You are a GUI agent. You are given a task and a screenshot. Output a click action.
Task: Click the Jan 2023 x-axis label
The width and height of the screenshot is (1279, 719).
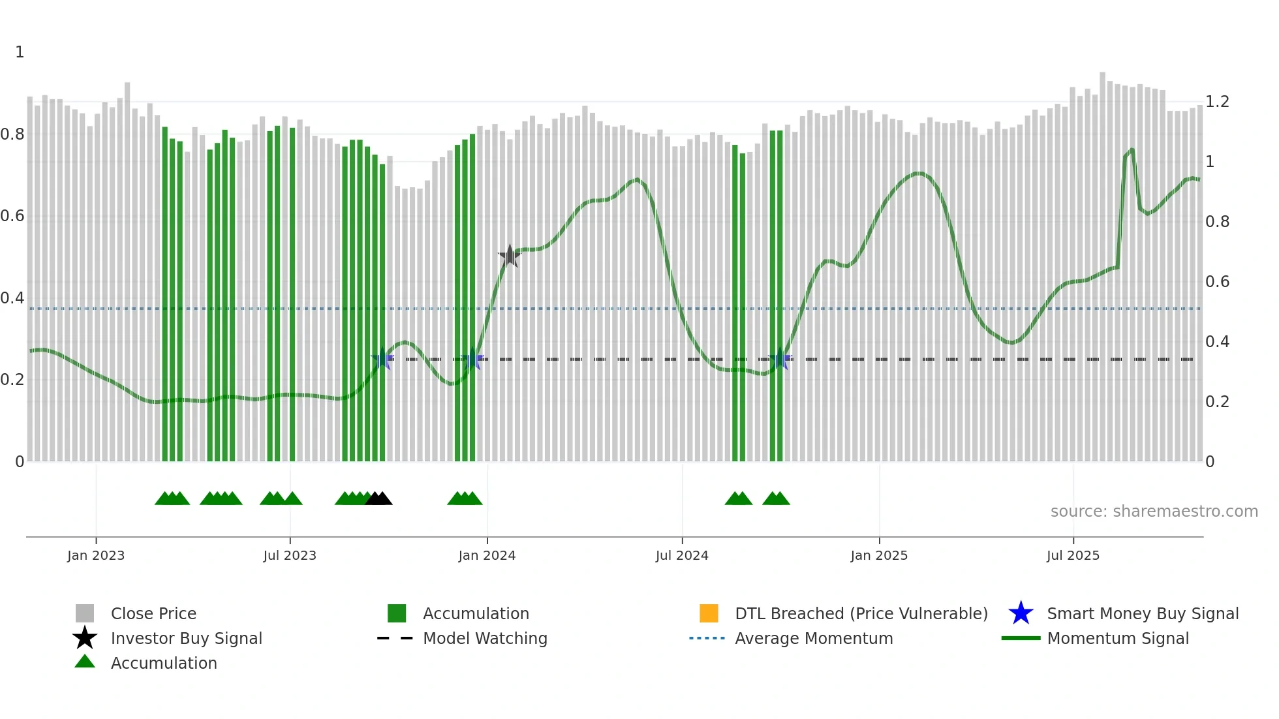tap(96, 555)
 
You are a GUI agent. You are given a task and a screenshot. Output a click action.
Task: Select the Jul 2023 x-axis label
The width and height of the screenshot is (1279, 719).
tap(290, 555)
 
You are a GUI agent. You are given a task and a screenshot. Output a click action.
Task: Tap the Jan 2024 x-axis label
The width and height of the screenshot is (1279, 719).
tap(487, 555)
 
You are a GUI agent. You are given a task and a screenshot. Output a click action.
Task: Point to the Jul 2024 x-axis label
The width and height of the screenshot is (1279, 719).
tap(682, 555)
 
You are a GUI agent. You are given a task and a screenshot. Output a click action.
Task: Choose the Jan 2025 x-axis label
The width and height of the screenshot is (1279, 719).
tap(879, 555)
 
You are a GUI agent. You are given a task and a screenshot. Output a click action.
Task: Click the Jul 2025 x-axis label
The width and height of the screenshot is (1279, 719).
tap(1073, 555)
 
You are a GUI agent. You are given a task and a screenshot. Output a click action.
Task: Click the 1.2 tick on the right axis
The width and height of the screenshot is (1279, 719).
tap(1217, 102)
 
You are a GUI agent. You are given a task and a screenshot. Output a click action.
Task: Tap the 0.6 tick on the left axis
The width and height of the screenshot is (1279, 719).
tap(12, 216)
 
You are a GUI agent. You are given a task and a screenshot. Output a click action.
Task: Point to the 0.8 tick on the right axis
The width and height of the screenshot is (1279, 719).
tap(1217, 222)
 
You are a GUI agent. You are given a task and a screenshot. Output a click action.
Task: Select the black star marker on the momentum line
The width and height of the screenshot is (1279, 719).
tap(510, 256)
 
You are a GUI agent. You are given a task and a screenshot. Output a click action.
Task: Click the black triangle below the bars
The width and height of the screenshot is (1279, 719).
tap(378, 498)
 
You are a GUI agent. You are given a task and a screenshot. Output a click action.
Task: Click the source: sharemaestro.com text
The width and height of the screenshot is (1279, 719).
tap(1154, 512)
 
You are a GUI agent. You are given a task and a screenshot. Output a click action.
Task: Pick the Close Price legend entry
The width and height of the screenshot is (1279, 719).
tap(153, 613)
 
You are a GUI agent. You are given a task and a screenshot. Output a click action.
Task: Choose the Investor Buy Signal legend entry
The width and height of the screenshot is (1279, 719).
tap(186, 638)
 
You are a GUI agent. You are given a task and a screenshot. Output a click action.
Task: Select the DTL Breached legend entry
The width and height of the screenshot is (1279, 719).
tap(861, 613)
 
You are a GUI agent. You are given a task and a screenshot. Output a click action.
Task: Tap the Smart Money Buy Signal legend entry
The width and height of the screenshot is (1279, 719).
tap(1143, 613)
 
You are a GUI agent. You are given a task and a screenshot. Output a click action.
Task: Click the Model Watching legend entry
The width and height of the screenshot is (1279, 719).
tap(485, 638)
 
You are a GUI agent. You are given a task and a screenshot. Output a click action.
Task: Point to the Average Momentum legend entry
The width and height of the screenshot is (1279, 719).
tap(814, 638)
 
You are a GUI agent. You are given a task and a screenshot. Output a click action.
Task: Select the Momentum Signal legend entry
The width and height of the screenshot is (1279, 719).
tap(1118, 638)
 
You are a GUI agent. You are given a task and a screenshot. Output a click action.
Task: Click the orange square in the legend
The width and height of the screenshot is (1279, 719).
tap(709, 613)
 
